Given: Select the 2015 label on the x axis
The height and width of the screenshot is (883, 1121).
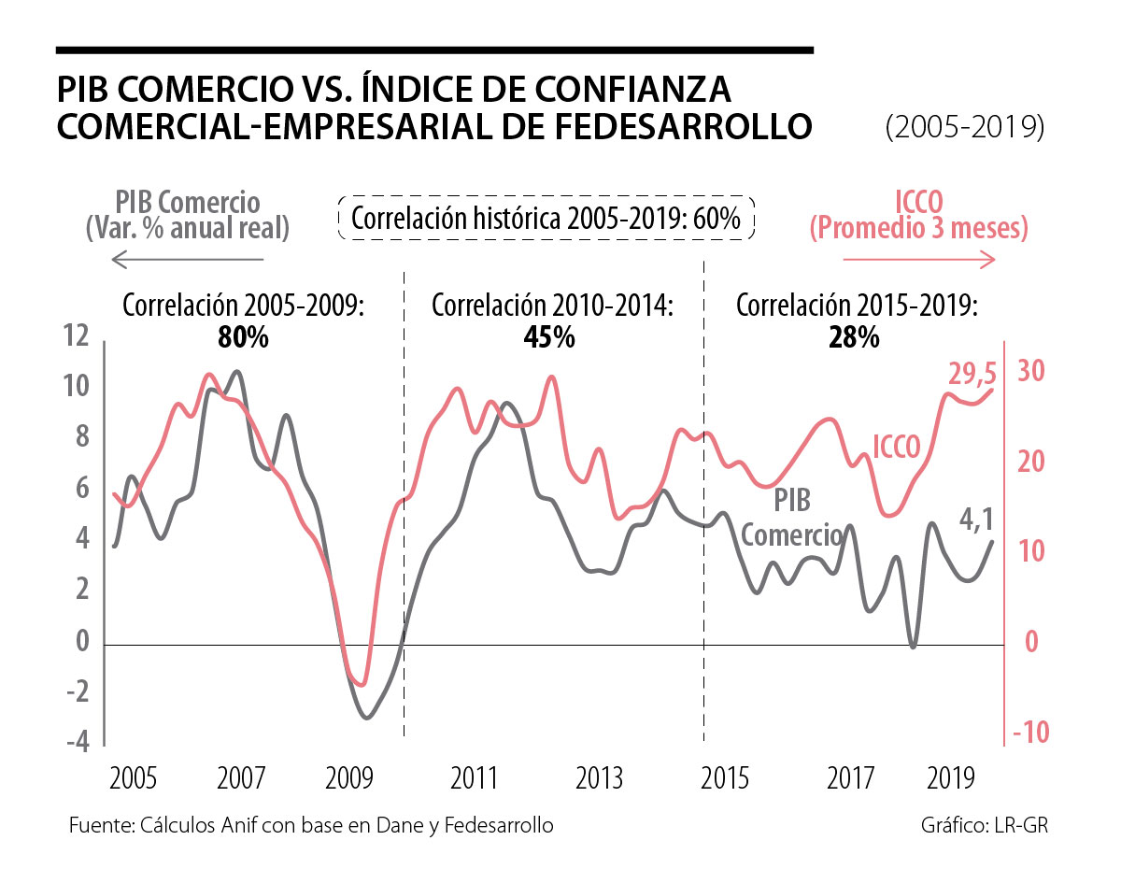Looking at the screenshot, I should pos(725,777).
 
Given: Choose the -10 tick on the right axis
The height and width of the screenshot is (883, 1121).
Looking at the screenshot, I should pos(1029,732).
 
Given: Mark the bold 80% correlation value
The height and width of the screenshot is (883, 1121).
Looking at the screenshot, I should pos(243,337).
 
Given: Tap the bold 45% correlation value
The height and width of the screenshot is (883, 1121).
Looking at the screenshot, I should pos(549,337).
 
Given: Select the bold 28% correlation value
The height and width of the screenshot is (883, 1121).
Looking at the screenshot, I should pos(854,337).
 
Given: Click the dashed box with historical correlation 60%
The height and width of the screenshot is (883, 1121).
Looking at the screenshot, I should pos(546,220).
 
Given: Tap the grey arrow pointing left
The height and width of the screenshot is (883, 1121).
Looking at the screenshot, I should pos(187,259).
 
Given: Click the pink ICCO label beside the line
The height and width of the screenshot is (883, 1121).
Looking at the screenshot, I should pos(898,443).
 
